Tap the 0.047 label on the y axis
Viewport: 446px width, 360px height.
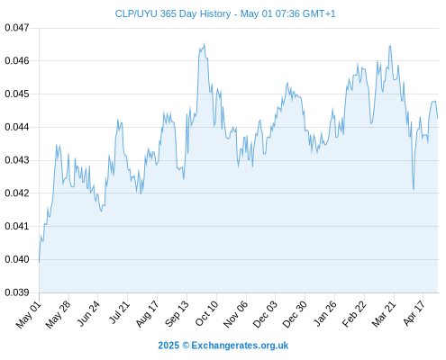coord(17,28)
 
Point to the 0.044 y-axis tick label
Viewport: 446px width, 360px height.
coord(17,127)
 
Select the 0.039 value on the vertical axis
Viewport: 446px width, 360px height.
coord(17,292)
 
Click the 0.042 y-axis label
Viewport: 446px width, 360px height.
coord(17,193)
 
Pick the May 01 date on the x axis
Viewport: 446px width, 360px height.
coord(29,314)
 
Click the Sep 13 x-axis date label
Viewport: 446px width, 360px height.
coord(177,313)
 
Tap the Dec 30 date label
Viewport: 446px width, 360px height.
coord(295,314)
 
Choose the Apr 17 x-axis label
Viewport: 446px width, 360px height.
coord(414,313)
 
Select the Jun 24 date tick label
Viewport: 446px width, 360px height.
coord(88,313)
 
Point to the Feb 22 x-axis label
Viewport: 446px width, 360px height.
coord(354,314)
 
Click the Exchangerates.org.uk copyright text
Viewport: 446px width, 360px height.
coord(223,346)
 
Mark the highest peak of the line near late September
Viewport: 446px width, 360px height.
coord(205,44)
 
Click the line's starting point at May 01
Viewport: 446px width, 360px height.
coord(39,262)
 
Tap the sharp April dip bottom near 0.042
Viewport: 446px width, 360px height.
coord(414,190)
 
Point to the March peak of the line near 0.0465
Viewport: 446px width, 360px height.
coord(390,46)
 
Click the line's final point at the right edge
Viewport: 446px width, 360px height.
coord(438,118)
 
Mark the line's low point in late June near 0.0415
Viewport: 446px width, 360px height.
coord(101,211)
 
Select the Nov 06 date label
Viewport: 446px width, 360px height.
coord(236,314)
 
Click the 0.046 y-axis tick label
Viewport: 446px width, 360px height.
coord(17,61)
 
